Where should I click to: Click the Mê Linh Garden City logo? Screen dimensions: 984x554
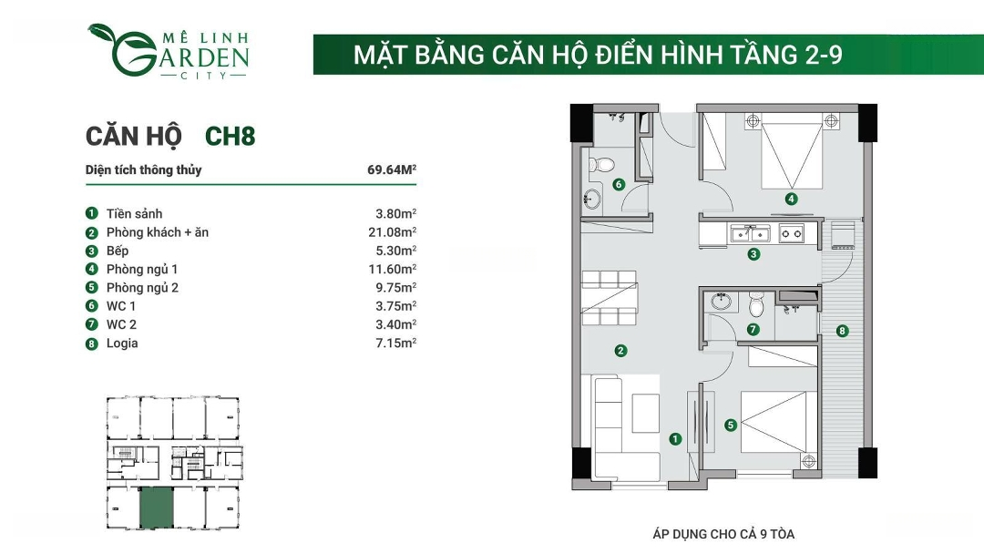tap(169, 51)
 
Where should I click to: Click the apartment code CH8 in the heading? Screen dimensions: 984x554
tap(231, 136)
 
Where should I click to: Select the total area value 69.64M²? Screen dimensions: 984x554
tap(392, 169)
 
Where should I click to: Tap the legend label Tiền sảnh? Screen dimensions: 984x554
tap(134, 214)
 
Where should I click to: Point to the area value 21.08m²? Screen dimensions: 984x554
tap(392, 232)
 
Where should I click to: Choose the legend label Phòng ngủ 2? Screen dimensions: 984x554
tap(142, 288)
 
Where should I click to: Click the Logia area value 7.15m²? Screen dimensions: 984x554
tap(396, 344)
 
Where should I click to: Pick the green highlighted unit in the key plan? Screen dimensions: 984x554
tap(157, 508)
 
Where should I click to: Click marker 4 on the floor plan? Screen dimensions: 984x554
tap(791, 199)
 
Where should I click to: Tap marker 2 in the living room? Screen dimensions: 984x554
tap(620, 351)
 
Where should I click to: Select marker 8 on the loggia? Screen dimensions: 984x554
tap(842, 331)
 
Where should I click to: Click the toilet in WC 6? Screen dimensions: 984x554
tap(600, 165)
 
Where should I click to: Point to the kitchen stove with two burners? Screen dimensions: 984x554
tap(792, 234)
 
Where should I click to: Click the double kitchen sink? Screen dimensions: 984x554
tap(751, 234)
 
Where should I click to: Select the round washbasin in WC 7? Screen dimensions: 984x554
tap(722, 302)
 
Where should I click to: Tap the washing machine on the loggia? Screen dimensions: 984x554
tap(843, 235)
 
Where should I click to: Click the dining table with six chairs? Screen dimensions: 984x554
tap(610, 298)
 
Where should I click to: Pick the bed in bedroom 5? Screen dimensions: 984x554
tap(779, 422)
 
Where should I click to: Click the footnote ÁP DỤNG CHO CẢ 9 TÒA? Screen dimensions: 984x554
tap(723, 534)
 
